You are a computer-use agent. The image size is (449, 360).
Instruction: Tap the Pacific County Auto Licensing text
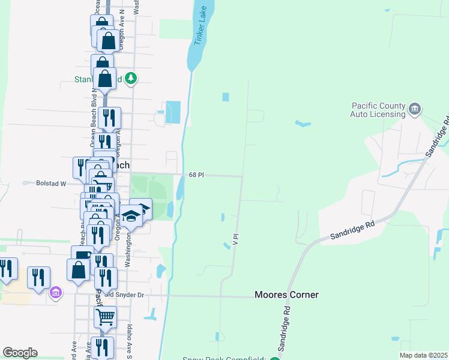378,110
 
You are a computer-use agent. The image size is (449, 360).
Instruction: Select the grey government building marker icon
414,109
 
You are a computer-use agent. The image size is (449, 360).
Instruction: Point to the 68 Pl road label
196,175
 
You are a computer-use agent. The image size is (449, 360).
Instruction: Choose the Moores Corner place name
286,295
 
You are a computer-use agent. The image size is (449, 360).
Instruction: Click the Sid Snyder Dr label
125,295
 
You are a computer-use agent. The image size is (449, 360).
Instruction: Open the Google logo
20,353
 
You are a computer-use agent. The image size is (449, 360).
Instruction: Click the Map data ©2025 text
423,355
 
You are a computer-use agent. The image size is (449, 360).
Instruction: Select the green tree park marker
131,78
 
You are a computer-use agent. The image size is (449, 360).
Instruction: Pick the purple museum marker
56,293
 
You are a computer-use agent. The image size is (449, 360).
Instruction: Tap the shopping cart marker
105,315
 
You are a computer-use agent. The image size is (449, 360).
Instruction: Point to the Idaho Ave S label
129,342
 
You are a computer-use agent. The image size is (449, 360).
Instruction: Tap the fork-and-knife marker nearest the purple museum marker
38,276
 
